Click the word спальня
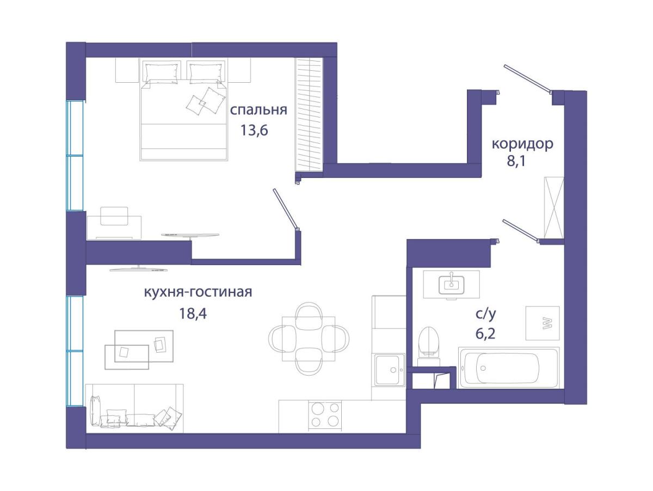tap(258, 111)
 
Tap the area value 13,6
tap(254, 130)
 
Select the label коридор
tap(522, 144)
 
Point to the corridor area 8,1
tap(516, 162)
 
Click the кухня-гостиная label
tap(198, 292)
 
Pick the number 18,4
tap(193, 314)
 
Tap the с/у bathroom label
tap(485, 314)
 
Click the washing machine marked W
tap(542, 323)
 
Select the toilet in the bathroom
tap(429, 347)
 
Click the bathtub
tap(509, 368)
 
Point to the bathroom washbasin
tap(451, 284)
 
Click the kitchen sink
tap(389, 370)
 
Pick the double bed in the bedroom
tap(184, 109)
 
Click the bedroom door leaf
tap(285, 208)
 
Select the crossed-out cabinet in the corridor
tap(553, 207)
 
